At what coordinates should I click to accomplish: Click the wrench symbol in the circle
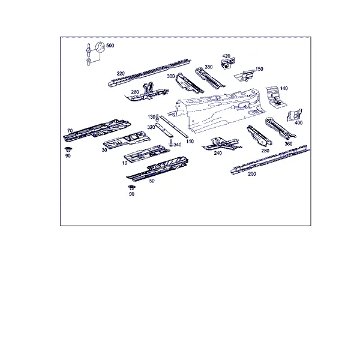click(x=100, y=47)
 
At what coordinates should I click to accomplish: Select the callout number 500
click(x=110, y=46)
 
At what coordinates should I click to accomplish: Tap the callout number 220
click(x=121, y=73)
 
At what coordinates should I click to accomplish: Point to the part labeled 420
click(x=228, y=63)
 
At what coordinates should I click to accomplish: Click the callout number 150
click(x=259, y=69)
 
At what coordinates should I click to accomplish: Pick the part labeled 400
click(x=295, y=115)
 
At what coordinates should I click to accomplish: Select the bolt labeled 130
click(x=157, y=118)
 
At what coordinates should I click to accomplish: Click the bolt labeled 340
click(x=171, y=143)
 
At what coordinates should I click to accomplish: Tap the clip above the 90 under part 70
click(x=68, y=149)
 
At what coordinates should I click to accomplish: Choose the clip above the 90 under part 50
click(x=131, y=187)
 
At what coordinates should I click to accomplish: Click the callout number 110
click(x=190, y=141)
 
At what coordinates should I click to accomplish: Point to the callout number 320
click(x=151, y=127)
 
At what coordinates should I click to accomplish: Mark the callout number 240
click(x=218, y=153)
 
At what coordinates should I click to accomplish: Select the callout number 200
click(x=252, y=174)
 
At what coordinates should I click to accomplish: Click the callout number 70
click(x=70, y=130)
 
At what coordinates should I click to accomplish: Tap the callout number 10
click(x=125, y=163)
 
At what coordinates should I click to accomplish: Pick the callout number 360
click(x=289, y=144)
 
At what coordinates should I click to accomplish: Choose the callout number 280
click(x=265, y=151)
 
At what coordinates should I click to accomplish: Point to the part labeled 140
click(x=276, y=97)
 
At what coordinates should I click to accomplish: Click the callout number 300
click(x=171, y=76)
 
